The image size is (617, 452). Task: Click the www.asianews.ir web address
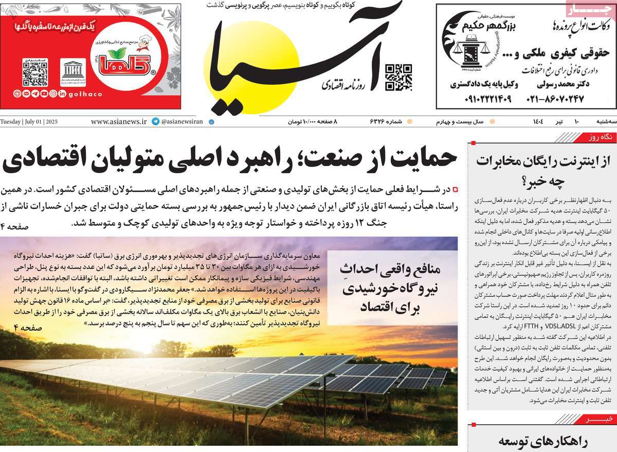118,122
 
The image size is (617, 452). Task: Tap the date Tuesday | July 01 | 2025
30,122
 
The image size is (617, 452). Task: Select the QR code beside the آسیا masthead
398,77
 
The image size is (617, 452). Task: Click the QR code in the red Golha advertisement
35,73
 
